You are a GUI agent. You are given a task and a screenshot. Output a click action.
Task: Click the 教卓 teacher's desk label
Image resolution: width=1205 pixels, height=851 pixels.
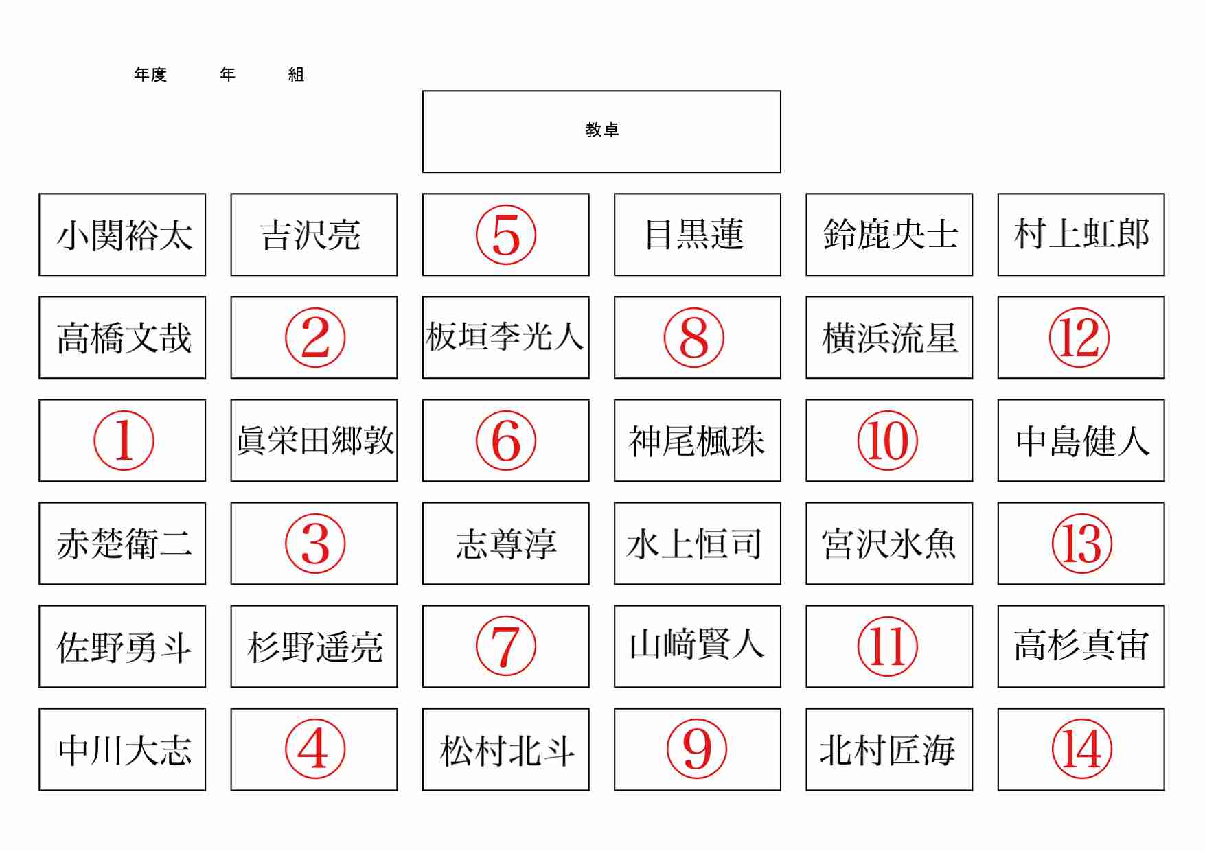click(601, 130)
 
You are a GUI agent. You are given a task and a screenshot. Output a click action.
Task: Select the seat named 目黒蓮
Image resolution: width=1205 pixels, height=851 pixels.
click(694, 234)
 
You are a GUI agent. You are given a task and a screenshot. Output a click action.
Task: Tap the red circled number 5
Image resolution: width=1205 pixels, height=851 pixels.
click(506, 235)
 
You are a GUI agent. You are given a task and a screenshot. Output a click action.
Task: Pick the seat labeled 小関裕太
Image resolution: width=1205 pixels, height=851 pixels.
click(124, 235)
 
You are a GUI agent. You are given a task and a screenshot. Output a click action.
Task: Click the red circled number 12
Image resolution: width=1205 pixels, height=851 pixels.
click(1079, 338)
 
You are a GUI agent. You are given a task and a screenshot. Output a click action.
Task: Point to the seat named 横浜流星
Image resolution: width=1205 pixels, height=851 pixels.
click(889, 338)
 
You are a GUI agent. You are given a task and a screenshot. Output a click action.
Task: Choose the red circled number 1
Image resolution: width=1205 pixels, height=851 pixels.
click(124, 441)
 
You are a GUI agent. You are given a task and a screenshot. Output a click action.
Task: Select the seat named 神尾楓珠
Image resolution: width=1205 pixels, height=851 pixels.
click(696, 441)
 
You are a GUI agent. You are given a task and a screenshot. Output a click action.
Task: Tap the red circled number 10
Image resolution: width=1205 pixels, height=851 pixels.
click(888, 441)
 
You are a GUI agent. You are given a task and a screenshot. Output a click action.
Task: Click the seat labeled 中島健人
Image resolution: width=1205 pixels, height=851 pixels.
click(1082, 441)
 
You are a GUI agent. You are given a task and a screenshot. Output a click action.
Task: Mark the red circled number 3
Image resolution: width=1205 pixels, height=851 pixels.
click(315, 544)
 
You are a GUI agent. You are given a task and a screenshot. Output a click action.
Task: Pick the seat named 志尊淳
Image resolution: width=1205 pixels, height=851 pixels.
click(506, 544)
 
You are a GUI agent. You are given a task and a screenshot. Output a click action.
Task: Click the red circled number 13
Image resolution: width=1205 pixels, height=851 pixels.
click(1082, 544)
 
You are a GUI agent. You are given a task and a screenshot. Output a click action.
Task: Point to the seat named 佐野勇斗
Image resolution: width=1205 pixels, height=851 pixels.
click(124, 646)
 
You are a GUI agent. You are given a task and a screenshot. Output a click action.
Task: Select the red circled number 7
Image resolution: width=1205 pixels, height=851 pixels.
click(506, 646)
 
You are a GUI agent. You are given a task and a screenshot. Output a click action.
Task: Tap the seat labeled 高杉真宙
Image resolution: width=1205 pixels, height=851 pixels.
click(1081, 645)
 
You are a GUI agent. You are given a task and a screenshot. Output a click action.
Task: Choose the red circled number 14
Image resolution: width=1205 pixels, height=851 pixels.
click(1082, 749)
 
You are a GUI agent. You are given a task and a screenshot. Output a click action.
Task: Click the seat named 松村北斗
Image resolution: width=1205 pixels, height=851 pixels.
click(507, 750)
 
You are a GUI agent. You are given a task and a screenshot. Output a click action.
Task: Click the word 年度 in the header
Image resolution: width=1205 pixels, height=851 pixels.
click(150, 74)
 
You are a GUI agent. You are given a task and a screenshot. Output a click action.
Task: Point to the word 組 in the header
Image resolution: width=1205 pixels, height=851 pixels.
click(296, 74)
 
